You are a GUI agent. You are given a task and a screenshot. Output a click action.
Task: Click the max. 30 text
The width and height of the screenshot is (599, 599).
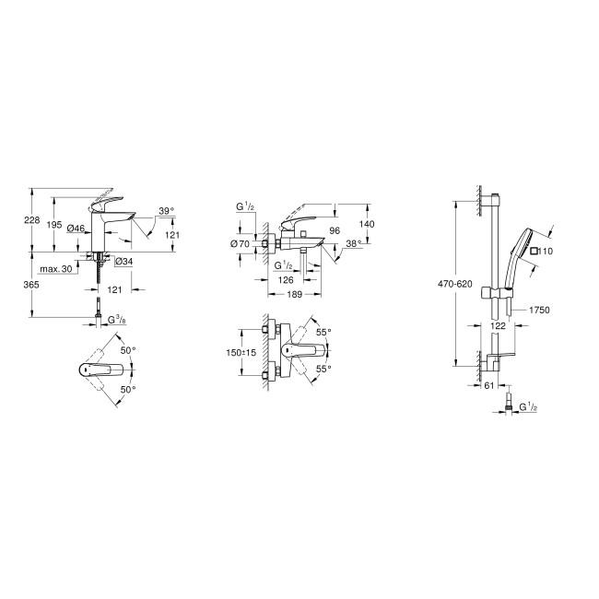pos(56,268)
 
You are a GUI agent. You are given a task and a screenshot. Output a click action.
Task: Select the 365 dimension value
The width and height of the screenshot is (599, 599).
pos(31,286)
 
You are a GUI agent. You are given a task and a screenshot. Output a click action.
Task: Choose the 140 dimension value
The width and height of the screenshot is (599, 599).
pos(367,224)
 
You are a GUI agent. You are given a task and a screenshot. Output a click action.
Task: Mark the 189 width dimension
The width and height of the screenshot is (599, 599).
pos(294,295)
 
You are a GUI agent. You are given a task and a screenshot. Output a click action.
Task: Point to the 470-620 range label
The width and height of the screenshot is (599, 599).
pos(456,284)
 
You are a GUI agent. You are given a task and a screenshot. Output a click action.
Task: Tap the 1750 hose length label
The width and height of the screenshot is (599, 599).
pos(540,311)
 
